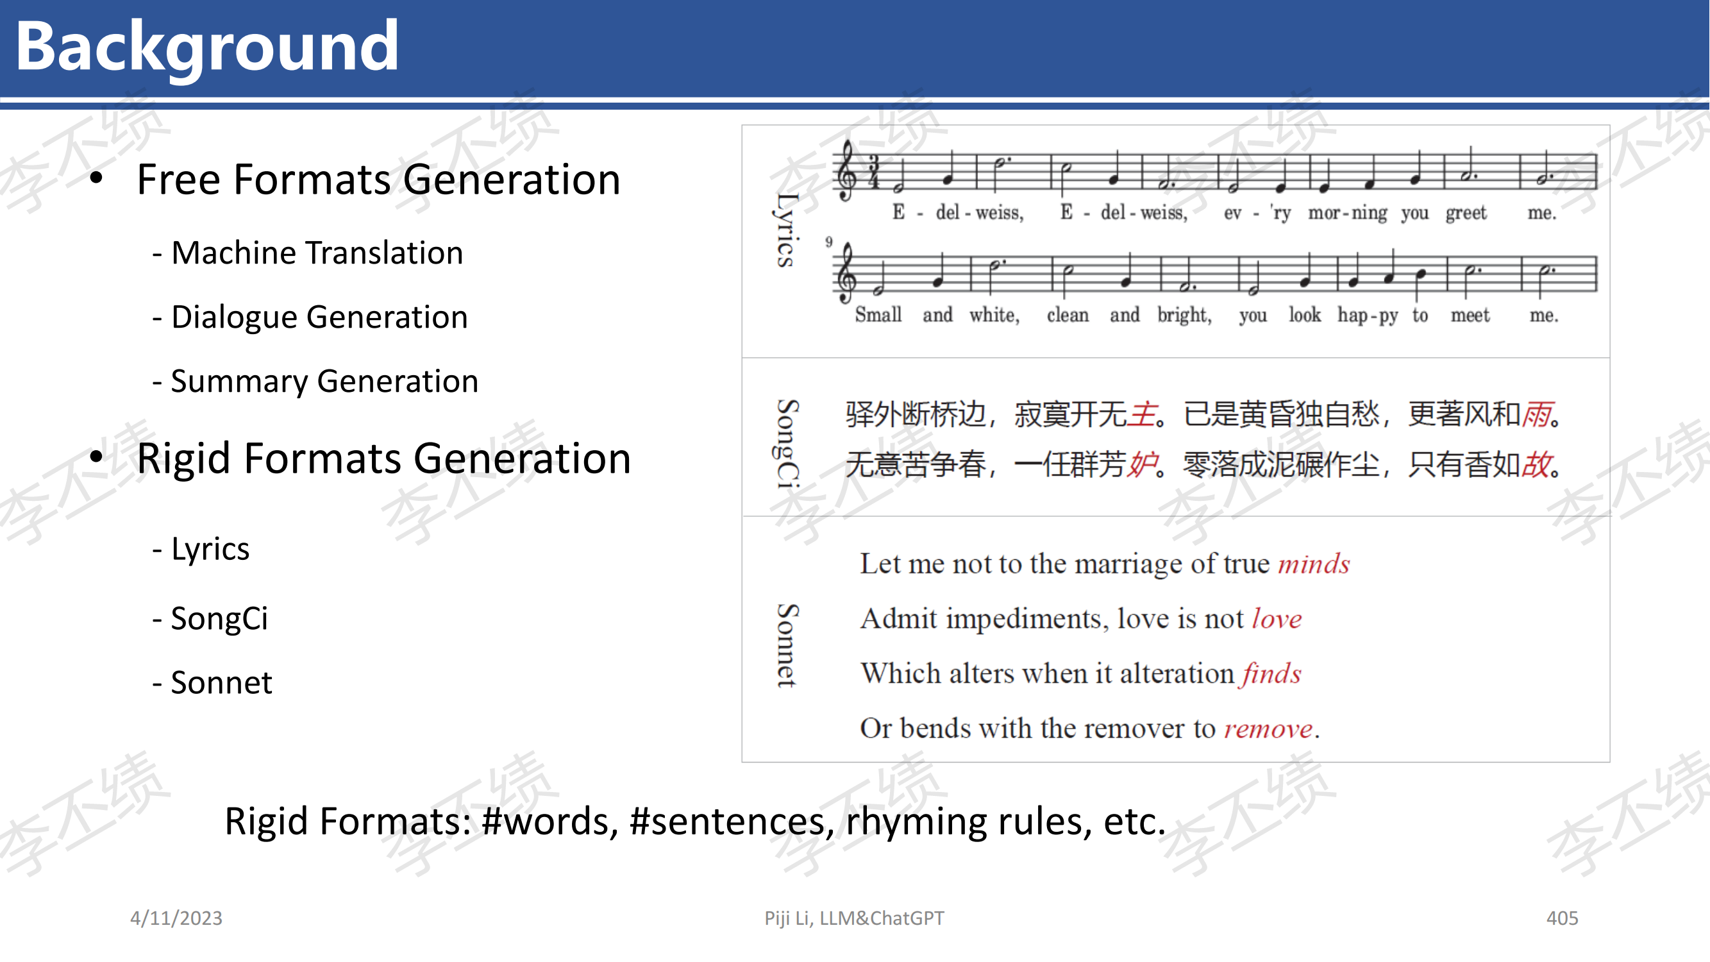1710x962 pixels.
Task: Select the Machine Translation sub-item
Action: pyautogui.click(x=307, y=253)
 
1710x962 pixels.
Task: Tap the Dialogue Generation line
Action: pyautogui.click(x=310, y=317)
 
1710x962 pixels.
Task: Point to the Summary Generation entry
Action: pyautogui.click(x=315, y=382)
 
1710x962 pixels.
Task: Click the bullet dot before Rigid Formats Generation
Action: pyautogui.click(x=97, y=457)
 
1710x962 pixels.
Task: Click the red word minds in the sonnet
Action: pyautogui.click(x=1314, y=564)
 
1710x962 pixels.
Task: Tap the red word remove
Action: pyautogui.click(x=1268, y=729)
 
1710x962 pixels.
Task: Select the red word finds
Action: pyautogui.click(x=1271, y=674)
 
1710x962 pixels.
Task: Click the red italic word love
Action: pyautogui.click(x=1277, y=619)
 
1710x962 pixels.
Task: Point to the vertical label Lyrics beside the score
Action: pyautogui.click(x=786, y=230)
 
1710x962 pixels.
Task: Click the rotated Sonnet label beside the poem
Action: pyautogui.click(x=787, y=645)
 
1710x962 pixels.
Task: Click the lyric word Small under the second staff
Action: pyautogui.click(x=878, y=315)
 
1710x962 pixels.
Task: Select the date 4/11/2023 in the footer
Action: pyautogui.click(x=176, y=918)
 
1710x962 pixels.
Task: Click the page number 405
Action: pyautogui.click(x=1562, y=918)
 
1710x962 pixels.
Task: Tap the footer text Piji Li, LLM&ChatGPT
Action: pyautogui.click(x=853, y=918)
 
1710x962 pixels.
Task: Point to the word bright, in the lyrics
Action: pyautogui.click(x=1184, y=316)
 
